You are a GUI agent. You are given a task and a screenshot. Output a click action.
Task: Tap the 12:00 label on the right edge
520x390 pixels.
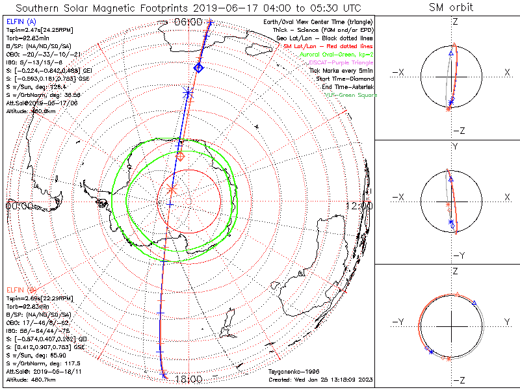coord(359,205)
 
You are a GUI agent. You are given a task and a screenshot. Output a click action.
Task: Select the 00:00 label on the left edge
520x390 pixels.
coord(19,205)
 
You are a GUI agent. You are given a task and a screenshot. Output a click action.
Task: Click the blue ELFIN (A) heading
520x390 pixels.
coord(21,21)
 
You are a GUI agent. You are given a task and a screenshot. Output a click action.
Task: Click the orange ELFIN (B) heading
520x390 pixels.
coord(21,289)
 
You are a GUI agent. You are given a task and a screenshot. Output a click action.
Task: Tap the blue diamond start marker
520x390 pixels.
coord(199,68)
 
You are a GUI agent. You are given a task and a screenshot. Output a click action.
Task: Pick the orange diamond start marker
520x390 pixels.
coord(181,157)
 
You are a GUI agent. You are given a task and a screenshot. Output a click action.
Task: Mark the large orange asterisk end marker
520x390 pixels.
coord(172,188)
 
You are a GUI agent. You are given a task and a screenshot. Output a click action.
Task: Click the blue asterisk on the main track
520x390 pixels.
coord(188,93)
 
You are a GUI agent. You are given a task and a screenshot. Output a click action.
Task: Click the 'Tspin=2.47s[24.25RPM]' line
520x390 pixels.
coord(35,30)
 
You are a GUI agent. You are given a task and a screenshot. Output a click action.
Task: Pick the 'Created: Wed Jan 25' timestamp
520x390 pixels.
coord(320,379)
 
